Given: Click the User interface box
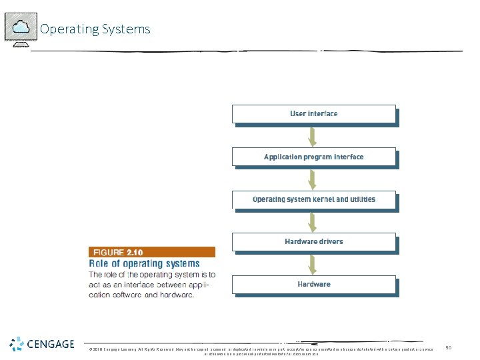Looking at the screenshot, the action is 313,114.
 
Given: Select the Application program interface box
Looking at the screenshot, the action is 313,157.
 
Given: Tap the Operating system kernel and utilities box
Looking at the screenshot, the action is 313,199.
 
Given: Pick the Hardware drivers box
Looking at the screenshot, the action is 313,241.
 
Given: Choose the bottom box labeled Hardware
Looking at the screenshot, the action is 313,285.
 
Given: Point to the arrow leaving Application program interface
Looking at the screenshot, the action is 311,178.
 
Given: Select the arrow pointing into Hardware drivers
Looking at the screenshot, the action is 311,221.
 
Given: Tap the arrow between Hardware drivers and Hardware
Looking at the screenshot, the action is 311,263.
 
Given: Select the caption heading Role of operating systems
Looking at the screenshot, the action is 145,263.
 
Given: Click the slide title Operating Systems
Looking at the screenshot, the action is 95,29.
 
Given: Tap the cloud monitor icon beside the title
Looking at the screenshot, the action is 20,28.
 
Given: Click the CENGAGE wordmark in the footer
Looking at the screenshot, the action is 51,345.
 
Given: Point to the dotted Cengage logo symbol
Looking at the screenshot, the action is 17,345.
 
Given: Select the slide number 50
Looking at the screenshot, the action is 449,347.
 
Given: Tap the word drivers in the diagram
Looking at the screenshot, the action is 329,241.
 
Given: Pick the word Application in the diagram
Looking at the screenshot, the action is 283,157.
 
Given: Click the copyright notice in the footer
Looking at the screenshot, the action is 260,351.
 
